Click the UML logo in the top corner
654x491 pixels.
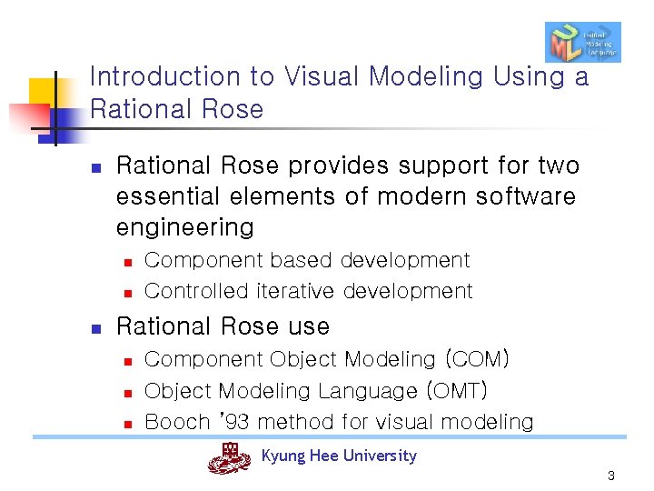point(582,42)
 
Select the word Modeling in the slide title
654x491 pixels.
point(429,77)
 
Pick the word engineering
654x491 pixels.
point(184,227)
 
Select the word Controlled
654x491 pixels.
point(196,291)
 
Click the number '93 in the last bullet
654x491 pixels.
point(233,422)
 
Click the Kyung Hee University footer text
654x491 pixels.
point(339,456)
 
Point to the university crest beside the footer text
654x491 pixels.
point(229,457)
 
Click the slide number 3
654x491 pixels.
point(611,476)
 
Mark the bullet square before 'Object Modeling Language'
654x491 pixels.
point(129,393)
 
